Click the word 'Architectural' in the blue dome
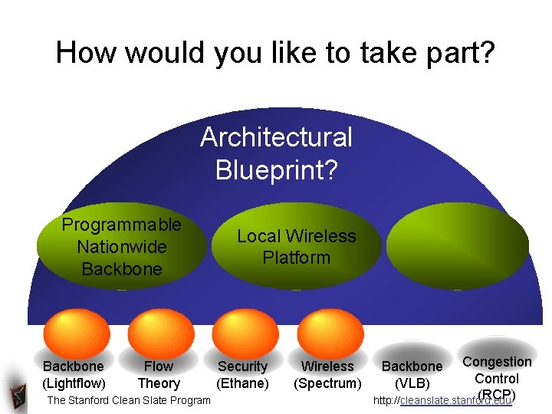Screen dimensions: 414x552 276,138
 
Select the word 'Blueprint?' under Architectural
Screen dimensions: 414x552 276,169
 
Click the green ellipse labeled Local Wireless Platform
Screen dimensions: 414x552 296,247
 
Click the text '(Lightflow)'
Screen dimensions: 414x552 74,383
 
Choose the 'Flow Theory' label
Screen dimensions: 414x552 159,375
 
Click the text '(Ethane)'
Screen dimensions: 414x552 243,383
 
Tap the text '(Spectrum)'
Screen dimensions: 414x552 327,383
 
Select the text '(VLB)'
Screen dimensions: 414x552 412,383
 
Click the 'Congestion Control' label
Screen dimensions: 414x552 497,370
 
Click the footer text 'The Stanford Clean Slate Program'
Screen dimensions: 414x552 129,400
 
